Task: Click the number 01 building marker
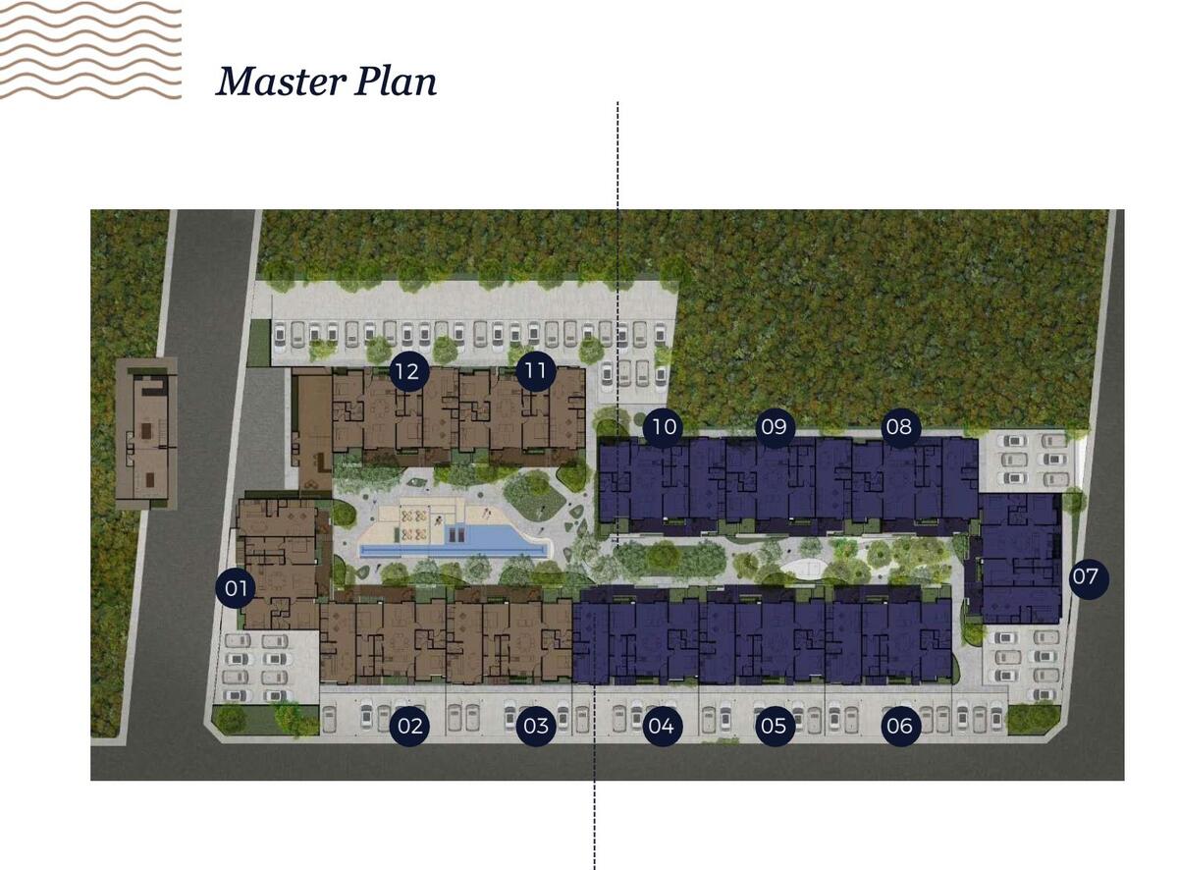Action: tap(236, 588)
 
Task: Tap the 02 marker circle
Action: tap(409, 726)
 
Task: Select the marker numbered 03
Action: tap(535, 726)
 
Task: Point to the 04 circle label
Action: tap(662, 726)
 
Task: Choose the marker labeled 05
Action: tap(774, 726)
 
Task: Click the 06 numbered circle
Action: tap(900, 726)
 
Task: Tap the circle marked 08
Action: tap(899, 426)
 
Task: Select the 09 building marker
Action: tap(774, 426)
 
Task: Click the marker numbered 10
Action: tap(664, 426)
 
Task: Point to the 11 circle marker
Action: tap(535, 370)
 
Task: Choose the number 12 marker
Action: tap(408, 371)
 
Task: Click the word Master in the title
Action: tap(281, 82)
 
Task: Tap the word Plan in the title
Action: tap(396, 82)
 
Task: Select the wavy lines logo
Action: tap(90, 50)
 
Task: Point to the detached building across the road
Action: tap(146, 434)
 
